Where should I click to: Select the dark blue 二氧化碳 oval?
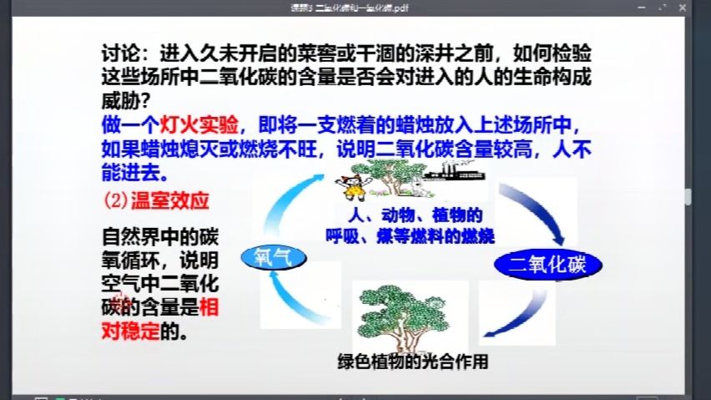tap(550, 266)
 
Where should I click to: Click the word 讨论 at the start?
tap(116, 53)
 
